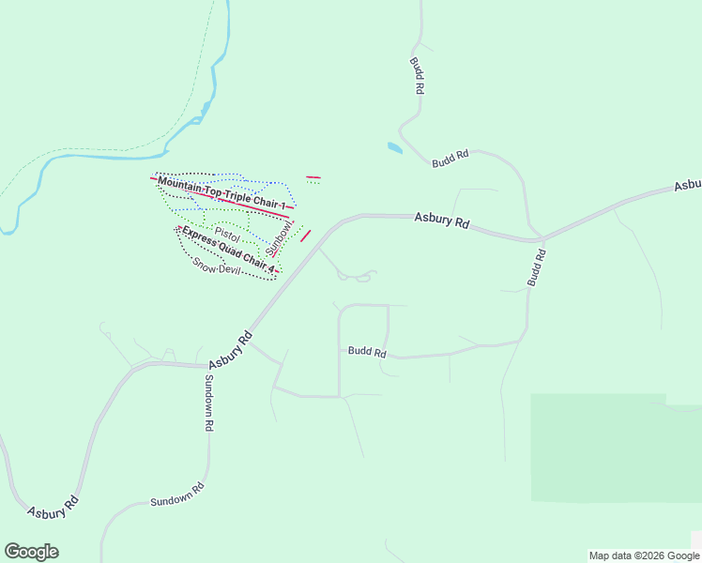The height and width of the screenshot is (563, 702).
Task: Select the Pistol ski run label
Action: tap(227, 231)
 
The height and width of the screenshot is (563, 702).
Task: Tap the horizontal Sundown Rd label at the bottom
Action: tap(177, 495)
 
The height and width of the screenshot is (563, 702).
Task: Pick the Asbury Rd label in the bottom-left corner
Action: tap(52, 511)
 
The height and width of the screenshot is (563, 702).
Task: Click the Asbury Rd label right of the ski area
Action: tap(441, 221)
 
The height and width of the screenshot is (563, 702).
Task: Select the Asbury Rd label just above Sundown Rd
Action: tap(231, 349)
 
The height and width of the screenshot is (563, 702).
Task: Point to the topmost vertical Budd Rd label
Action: tap(417, 75)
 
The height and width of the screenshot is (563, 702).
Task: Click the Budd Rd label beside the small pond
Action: tap(450, 160)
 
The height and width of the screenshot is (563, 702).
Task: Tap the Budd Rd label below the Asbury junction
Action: tap(536, 267)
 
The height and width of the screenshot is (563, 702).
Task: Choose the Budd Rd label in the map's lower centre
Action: tap(367, 352)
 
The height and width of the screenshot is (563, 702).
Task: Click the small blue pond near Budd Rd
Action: tap(395, 147)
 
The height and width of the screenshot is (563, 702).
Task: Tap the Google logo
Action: tap(31, 552)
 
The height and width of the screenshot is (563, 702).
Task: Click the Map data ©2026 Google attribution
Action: tap(644, 555)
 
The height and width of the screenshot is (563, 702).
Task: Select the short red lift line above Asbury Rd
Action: tap(305, 235)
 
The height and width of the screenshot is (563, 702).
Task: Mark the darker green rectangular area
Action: tap(615, 449)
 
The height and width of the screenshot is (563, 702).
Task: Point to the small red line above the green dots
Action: tap(313, 176)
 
